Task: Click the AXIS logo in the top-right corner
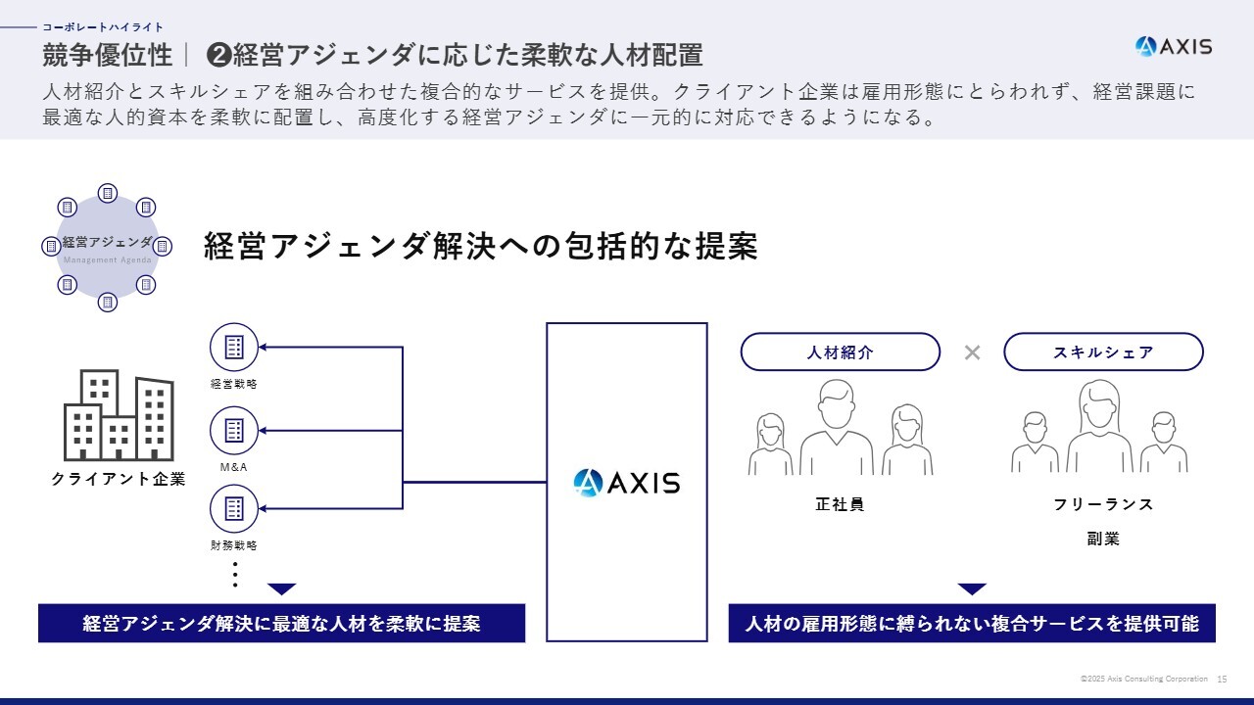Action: coord(1174,46)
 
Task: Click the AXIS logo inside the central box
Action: coord(626,483)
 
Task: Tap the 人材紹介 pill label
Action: coord(840,352)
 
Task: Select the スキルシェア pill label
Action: coord(1103,352)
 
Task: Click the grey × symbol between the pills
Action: coord(973,352)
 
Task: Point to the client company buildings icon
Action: coord(119,415)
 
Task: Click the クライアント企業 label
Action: coord(119,479)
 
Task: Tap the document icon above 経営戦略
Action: coord(234,348)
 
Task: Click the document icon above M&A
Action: coord(234,431)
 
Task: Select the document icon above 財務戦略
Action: coord(234,508)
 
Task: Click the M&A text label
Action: coord(233,467)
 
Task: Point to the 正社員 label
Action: coord(840,504)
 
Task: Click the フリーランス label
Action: coord(1103,504)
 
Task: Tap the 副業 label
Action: coord(1103,539)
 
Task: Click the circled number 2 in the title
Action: coord(218,56)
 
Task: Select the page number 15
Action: coord(1222,680)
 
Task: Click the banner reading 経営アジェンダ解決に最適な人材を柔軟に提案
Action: coord(281,623)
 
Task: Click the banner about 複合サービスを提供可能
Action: coord(972,623)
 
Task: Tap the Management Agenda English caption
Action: coord(107,259)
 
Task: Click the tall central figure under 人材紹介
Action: coord(837,428)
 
